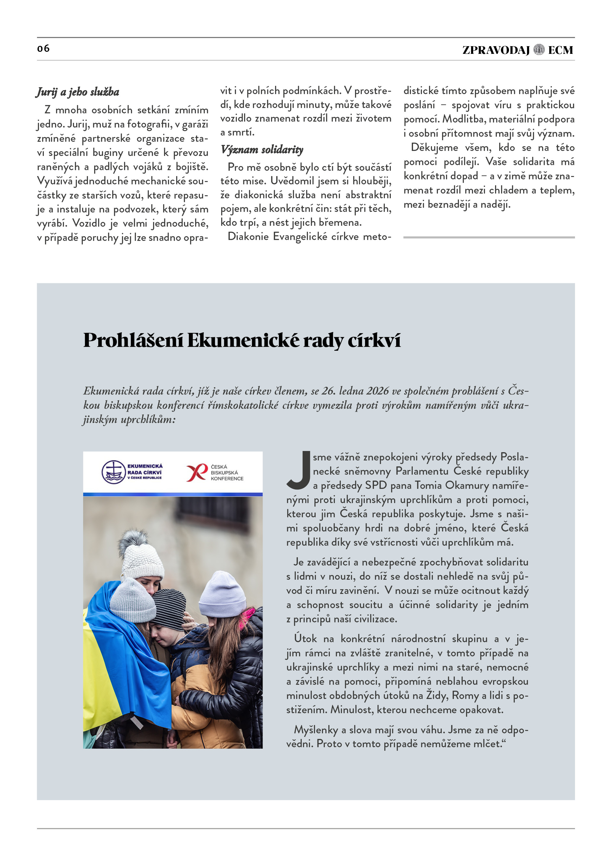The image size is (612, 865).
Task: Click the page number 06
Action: (43, 49)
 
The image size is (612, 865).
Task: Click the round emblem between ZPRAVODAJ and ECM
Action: (539, 50)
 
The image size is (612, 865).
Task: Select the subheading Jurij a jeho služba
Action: (78, 92)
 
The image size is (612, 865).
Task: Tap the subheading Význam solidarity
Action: (262, 149)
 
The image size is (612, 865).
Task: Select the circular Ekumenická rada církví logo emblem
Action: (113, 472)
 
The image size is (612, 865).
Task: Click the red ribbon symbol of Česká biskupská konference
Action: (197, 472)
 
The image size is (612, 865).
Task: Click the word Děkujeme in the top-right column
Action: (434, 147)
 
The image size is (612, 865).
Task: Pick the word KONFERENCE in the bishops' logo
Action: (227, 479)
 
